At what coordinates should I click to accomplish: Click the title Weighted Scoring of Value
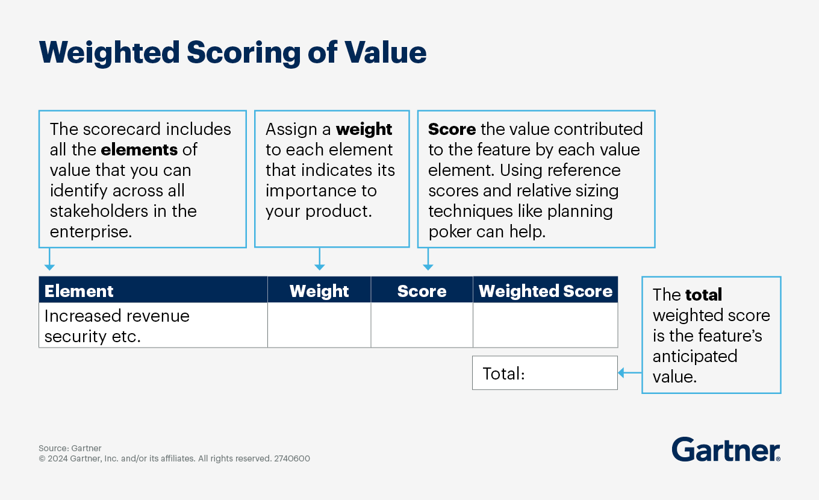click(232, 53)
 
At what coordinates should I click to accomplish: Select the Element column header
click(79, 291)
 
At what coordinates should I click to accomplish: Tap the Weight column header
click(319, 291)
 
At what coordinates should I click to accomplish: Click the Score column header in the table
click(422, 291)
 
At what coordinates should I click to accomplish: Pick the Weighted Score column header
click(545, 291)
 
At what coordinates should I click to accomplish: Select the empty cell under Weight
click(319, 325)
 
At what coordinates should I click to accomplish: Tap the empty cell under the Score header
click(422, 325)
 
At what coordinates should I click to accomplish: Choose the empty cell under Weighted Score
click(545, 325)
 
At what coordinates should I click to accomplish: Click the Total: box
click(544, 373)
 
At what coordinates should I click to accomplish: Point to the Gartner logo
click(726, 450)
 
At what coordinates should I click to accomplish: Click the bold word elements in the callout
click(139, 149)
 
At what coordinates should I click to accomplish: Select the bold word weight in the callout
click(364, 129)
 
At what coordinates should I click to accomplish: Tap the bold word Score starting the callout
click(452, 129)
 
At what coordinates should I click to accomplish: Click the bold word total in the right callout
click(703, 295)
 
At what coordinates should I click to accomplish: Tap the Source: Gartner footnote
click(70, 448)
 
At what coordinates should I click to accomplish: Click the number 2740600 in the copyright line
click(292, 458)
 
